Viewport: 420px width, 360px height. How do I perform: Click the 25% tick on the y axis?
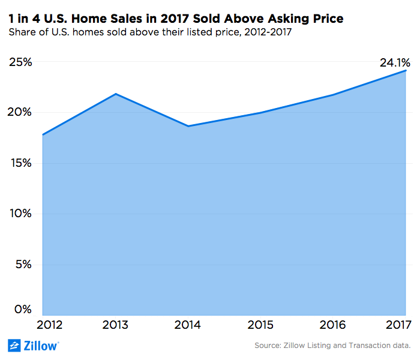(x=20, y=62)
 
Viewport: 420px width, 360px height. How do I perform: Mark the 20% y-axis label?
(x=20, y=113)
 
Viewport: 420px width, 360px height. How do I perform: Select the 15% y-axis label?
(x=20, y=163)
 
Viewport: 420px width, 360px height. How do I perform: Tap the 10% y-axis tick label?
(x=20, y=214)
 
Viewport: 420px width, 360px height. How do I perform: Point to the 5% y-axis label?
(x=23, y=265)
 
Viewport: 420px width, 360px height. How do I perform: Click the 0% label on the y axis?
(x=23, y=310)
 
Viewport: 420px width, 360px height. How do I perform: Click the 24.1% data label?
(x=394, y=62)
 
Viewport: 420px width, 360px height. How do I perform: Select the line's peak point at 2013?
(x=116, y=94)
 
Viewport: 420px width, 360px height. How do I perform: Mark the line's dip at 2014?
(x=188, y=126)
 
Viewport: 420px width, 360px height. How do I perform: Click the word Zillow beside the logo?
(x=41, y=346)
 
